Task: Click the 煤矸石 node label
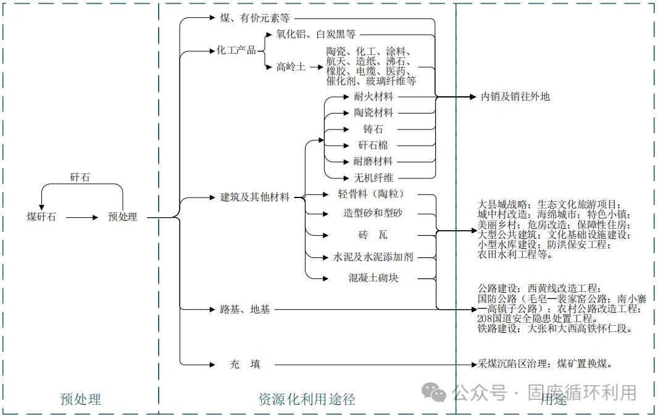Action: [x=41, y=217]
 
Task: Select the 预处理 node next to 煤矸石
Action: [x=122, y=217]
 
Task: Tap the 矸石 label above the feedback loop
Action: [x=80, y=178]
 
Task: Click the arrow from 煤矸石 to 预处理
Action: [x=82, y=217]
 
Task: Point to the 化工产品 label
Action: [x=236, y=51]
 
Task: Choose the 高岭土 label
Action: [x=291, y=67]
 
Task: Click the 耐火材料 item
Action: [x=373, y=97]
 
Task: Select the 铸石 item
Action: [x=373, y=130]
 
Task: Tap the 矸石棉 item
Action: [x=373, y=146]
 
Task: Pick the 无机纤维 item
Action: [x=373, y=178]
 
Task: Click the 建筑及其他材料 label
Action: [x=255, y=197]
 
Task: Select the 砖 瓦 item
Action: [x=373, y=235]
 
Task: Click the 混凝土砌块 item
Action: [x=373, y=278]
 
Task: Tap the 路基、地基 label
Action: [x=245, y=309]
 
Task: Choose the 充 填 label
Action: [x=245, y=364]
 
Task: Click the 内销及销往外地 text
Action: [x=515, y=97]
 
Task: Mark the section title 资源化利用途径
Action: [x=307, y=399]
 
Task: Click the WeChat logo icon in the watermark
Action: [x=435, y=392]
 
